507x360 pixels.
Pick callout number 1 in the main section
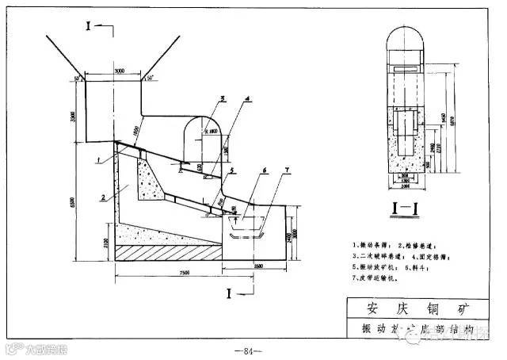97,160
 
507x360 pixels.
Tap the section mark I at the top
90,25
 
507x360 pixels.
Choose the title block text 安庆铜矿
418,307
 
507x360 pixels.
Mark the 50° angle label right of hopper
150,77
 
